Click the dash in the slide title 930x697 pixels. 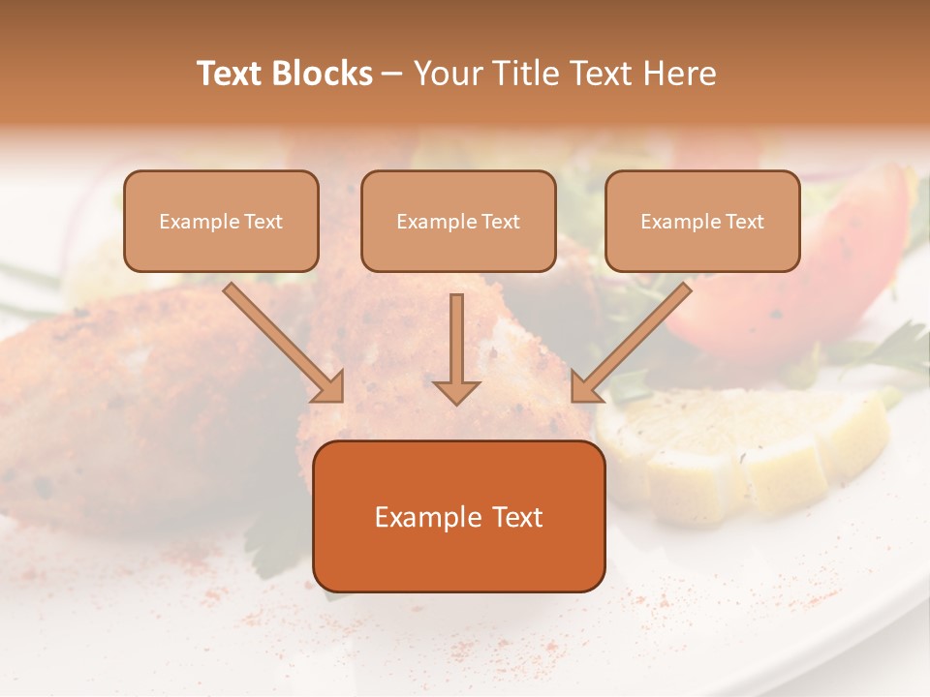point(392,75)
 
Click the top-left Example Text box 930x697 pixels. point(221,221)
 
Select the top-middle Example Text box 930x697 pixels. point(458,221)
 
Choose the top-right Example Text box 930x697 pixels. point(702,221)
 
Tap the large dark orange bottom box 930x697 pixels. point(458,516)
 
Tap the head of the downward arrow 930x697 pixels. point(456,391)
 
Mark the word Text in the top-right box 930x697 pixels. point(743,222)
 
